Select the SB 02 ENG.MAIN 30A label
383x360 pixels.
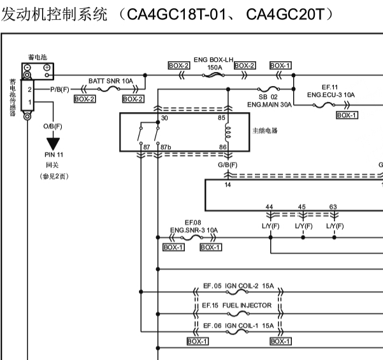[x=268, y=99]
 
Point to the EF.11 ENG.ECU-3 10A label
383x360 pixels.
[x=330, y=91]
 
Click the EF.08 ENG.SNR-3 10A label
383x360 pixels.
[x=194, y=226]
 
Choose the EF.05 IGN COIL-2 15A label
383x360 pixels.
[x=238, y=287]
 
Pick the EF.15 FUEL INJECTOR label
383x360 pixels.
[x=237, y=306]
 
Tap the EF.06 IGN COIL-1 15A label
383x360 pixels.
[x=238, y=326]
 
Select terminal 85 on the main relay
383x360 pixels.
[x=222, y=118]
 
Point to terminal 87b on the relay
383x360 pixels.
[x=166, y=147]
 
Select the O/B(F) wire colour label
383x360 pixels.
[x=53, y=126]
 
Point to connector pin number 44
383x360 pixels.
[x=270, y=207]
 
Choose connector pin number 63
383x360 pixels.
[x=333, y=207]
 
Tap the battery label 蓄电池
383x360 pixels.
[x=37, y=57]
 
